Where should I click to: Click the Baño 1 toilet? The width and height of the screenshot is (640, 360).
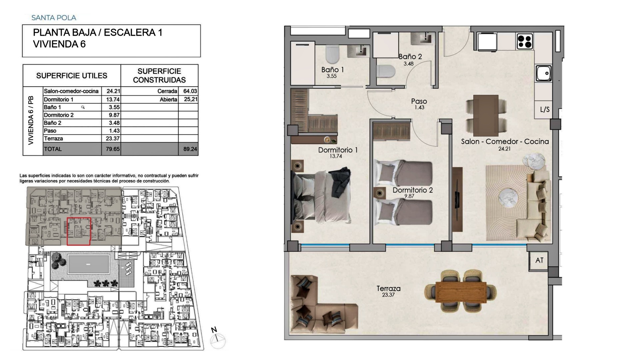[332, 54]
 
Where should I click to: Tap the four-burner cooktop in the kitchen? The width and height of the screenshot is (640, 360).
[525, 42]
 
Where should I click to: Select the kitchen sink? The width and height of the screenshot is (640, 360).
[544, 73]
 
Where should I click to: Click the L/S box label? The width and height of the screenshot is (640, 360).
[545, 109]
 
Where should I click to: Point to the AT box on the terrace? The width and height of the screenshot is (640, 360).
[539, 260]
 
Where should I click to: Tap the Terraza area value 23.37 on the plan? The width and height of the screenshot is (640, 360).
[388, 295]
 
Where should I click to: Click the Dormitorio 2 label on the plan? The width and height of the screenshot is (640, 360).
[413, 190]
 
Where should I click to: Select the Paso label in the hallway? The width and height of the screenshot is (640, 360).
[419, 101]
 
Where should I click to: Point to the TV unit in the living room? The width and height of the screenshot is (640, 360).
[458, 199]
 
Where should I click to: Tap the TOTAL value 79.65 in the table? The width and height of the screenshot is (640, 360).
[113, 149]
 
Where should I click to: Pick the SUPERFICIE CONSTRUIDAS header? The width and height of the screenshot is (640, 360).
[159, 76]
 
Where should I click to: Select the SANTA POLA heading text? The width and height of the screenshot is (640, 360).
[54, 18]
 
